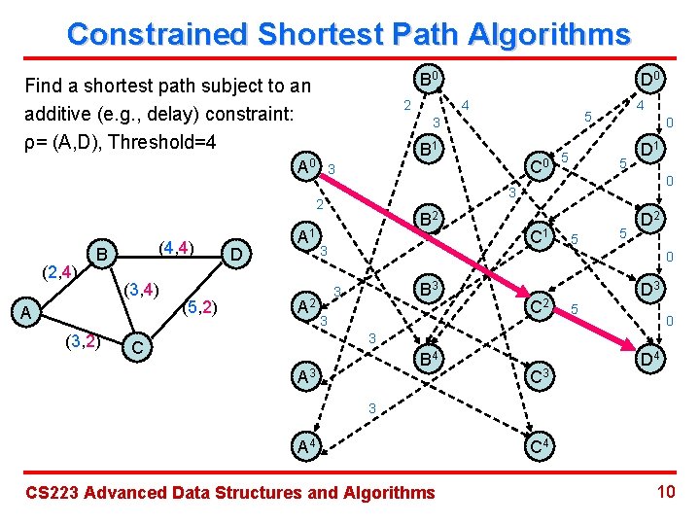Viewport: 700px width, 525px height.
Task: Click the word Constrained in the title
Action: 155,35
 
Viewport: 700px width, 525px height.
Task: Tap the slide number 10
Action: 666,491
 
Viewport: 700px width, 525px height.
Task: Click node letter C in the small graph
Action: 138,347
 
